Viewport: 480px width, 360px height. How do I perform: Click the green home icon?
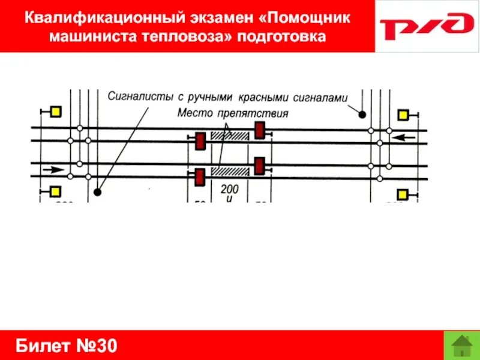(461, 346)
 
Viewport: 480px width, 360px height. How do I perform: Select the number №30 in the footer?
(98, 346)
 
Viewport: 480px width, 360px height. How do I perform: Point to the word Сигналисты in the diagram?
(136, 96)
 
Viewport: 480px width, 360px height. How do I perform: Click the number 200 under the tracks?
(229, 189)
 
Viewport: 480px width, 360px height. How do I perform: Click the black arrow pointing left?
(404, 137)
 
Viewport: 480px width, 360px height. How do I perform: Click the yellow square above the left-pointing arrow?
(404, 115)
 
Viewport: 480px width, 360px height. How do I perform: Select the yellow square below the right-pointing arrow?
(55, 191)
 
